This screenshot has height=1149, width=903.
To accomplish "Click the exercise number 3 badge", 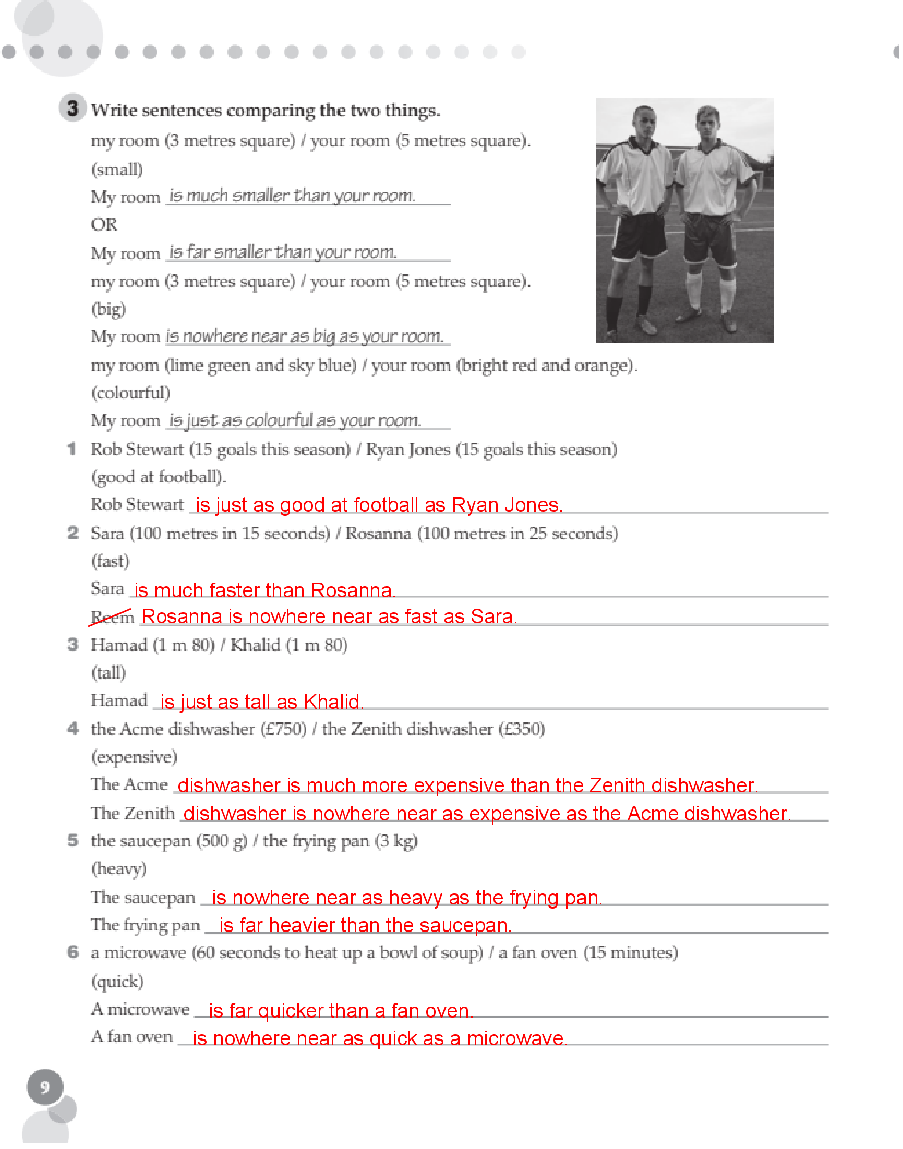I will pos(73,108).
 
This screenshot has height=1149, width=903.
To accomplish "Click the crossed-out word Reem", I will pos(112,617).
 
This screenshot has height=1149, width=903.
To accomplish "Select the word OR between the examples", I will pos(104,225).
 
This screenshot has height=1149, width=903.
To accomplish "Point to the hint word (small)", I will pos(117,170).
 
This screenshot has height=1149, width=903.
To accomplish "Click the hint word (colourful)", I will pos(130,393).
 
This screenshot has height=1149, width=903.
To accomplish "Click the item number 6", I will pos(73,952).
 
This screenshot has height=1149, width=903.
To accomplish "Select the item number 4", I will pos(73,729).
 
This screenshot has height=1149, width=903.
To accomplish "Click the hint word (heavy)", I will pos(119,868).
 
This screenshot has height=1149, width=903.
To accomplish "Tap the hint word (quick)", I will pos(117,982).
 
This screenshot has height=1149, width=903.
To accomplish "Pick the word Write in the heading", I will pos(114,110).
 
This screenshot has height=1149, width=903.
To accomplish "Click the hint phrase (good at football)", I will pos(158,477).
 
